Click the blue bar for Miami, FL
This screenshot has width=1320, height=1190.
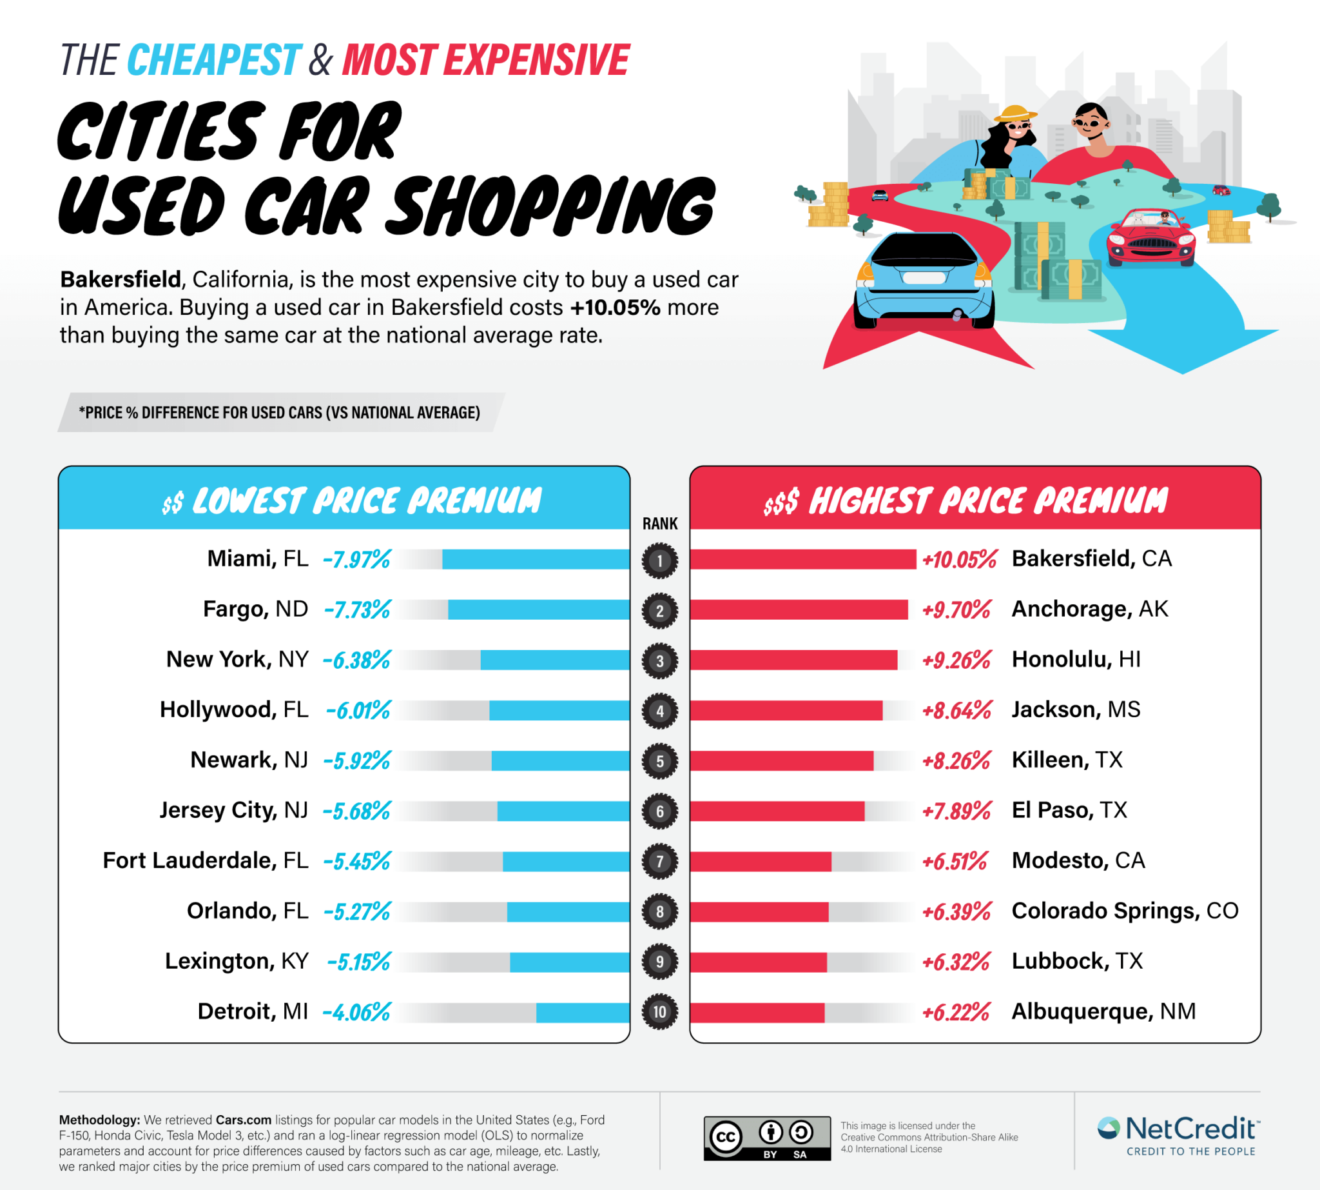click(536, 559)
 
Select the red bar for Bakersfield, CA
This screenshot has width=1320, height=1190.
click(802, 559)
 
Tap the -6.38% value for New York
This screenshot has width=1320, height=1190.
click(357, 660)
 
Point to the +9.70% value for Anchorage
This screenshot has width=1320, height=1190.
click(956, 610)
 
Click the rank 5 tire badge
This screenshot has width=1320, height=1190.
click(659, 761)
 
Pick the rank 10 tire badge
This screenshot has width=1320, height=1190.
click(659, 1012)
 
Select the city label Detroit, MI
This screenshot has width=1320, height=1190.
click(252, 1011)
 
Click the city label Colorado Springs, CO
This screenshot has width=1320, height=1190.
click(1124, 911)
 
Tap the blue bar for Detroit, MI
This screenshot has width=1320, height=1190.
click(583, 1013)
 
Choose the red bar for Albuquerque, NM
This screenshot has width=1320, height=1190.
click(757, 1013)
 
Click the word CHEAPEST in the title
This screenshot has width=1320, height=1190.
click(214, 60)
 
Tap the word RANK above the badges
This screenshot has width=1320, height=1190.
click(659, 524)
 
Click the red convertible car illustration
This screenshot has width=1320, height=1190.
click(1150, 239)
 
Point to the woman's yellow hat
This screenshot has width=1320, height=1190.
click(1015, 114)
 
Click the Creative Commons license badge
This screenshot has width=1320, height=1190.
click(766, 1138)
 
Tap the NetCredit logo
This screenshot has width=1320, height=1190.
click(1178, 1135)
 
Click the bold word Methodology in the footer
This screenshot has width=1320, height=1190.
click(99, 1120)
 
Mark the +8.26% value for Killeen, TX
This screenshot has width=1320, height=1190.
click(956, 760)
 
